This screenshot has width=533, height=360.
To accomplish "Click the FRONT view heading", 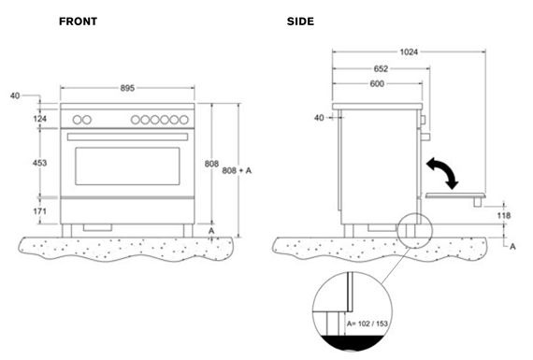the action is tap(78, 22).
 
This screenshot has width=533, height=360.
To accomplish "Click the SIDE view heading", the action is tap(300, 22).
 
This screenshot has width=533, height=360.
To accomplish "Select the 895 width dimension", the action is tap(127, 88).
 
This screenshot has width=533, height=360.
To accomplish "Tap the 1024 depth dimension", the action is tap(409, 52).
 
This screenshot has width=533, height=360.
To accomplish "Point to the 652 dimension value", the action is tap(381, 68).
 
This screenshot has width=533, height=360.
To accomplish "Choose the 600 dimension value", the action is tap(377, 83).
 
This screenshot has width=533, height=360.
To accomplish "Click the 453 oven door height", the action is tap(40, 163).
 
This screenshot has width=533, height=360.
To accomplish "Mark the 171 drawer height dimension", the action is tap(40, 211).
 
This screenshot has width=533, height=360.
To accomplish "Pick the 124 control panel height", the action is tap(40, 119).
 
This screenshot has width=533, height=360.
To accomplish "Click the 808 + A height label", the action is tap(237, 170).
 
